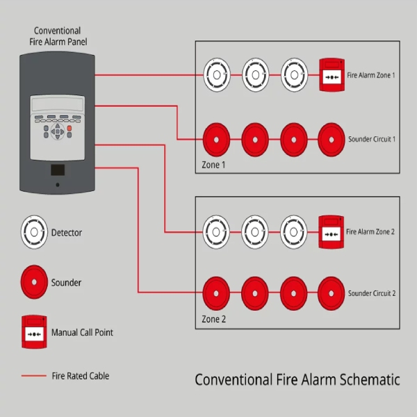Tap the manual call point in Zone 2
(x=330, y=231)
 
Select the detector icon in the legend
(x=33, y=231)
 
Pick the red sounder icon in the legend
(x=33, y=282)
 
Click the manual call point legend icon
(x=33, y=332)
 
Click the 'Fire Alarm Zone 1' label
(x=370, y=74)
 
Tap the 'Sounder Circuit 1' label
(x=372, y=139)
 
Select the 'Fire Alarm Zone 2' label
(x=370, y=231)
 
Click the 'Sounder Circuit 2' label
(x=372, y=293)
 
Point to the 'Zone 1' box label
(x=213, y=165)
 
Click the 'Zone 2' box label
(x=213, y=320)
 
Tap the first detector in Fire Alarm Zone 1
(x=216, y=74)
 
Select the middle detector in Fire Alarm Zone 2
(x=255, y=231)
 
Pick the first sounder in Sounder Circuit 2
(x=216, y=292)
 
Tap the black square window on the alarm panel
(x=58, y=170)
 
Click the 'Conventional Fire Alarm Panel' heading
(x=57, y=36)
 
